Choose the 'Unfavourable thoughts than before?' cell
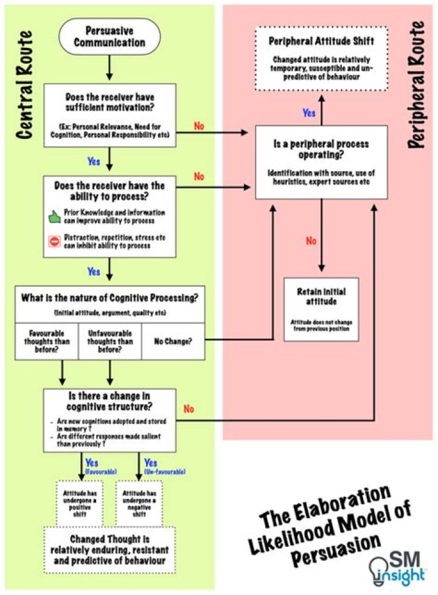109,341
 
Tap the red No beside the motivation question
199,127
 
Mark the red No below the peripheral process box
311,241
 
